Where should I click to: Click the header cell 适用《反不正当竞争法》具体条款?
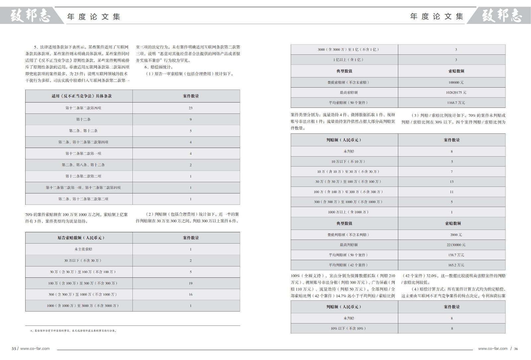(82, 96)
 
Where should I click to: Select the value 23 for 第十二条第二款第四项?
(190, 108)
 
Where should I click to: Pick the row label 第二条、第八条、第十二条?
(83, 165)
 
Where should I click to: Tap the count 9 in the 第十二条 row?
(190, 119)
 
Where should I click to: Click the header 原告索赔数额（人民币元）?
(81, 238)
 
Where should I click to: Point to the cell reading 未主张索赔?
(83, 249)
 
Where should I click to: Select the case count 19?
(190, 283)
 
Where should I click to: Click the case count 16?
(190, 295)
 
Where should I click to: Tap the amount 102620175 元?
(456, 93)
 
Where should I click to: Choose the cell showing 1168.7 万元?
(456, 103)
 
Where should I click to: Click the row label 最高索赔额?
(348, 93)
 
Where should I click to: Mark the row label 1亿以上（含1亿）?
(348, 60)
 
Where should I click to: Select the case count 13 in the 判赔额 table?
(452, 182)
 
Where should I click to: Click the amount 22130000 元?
(456, 245)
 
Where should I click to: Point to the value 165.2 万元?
(456, 265)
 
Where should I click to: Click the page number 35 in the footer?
(14, 349)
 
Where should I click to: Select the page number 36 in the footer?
(516, 349)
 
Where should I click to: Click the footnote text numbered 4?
(73, 331)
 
